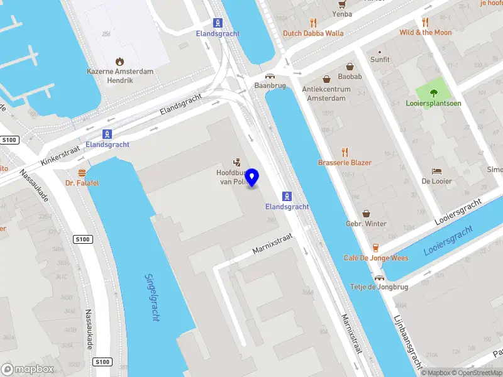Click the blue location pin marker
252,178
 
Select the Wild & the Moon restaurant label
425,33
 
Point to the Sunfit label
380,60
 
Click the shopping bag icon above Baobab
350,66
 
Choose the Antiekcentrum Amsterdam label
324,94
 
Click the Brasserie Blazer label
345,163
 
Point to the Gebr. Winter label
366,224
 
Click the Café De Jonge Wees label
375,258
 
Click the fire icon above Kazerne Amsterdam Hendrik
119,61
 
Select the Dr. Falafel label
82,183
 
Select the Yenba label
342,13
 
